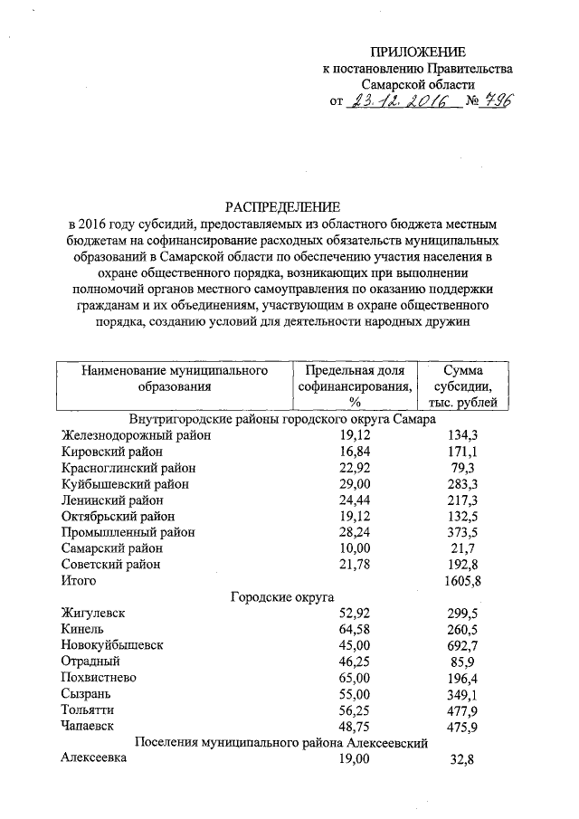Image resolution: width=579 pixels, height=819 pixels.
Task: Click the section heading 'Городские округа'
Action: [282, 597]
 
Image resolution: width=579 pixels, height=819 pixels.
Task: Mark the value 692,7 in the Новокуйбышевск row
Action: [469, 645]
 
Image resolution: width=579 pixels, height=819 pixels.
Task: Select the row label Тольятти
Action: [88, 710]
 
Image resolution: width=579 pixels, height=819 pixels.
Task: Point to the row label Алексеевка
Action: [94, 759]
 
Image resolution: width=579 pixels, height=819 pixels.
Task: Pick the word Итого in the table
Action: [78, 581]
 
